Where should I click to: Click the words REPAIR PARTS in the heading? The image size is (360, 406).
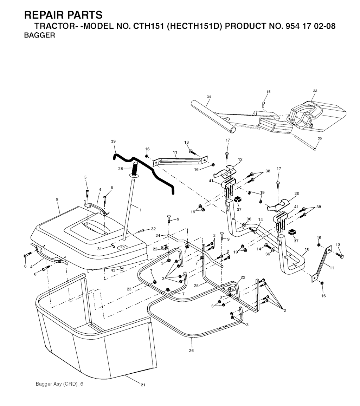[x=63, y=15]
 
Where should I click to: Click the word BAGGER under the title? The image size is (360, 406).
[x=39, y=35]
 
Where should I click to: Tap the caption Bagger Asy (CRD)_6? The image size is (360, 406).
[x=59, y=384]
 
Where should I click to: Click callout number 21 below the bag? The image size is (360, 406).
[x=143, y=385]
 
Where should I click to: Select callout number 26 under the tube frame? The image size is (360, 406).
[x=191, y=350]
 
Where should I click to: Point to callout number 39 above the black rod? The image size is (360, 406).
[x=113, y=141]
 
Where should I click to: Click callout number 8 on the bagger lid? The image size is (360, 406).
[x=57, y=199]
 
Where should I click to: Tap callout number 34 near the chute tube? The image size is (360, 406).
[x=209, y=97]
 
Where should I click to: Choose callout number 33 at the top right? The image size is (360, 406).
[x=315, y=91]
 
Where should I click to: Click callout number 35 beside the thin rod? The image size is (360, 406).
[x=320, y=138]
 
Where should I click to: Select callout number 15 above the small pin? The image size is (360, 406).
[x=269, y=92]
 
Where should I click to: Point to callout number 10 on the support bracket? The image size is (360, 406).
[x=307, y=249]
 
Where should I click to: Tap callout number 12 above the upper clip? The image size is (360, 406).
[x=240, y=159]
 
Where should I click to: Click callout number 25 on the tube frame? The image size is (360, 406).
[x=196, y=286]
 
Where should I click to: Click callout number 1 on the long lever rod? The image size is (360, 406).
[x=140, y=210]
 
